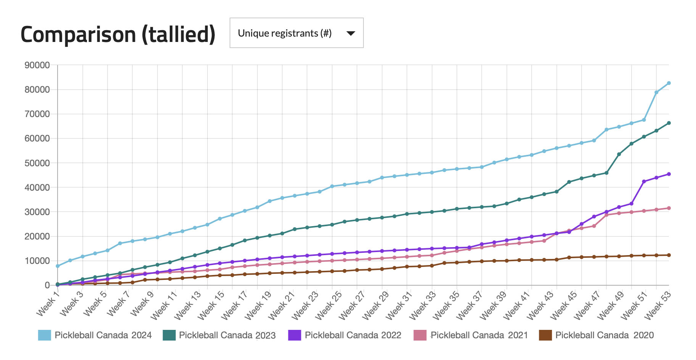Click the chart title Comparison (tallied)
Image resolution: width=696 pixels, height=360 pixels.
[x=118, y=34]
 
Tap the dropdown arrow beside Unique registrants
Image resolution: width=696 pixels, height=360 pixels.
[x=350, y=34]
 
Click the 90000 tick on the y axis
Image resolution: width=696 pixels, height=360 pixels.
[x=37, y=65]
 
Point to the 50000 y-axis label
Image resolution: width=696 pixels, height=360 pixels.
[x=37, y=163]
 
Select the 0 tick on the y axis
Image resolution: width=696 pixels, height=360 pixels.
[x=47, y=285]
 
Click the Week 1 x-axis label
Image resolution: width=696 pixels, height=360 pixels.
[x=48, y=303]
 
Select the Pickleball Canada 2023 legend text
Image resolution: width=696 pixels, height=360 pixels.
[x=227, y=335]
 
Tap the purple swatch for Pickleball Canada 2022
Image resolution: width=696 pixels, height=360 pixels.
[x=295, y=335]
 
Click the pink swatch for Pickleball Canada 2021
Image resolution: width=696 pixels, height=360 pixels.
[x=420, y=335]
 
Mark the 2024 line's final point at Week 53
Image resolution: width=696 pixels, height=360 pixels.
[x=669, y=83]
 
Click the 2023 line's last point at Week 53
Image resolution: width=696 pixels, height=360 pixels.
[x=669, y=123]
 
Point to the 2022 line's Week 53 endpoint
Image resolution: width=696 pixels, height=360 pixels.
[x=669, y=174]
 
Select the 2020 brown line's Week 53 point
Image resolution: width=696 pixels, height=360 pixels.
[x=669, y=255]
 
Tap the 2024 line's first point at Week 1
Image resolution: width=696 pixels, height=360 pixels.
[x=58, y=266]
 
